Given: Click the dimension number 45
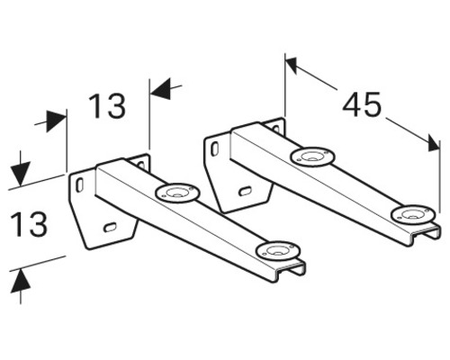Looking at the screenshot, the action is click(362, 104).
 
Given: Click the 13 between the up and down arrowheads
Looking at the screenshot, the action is click(29, 224).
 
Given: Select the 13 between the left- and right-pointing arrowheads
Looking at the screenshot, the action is click(107, 105).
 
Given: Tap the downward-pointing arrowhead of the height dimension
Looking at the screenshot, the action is click(21, 174).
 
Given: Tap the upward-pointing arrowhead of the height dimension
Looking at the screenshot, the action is click(21, 281).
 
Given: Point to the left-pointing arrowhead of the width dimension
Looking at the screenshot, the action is click(161, 89).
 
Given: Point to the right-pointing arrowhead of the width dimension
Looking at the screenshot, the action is click(56, 121).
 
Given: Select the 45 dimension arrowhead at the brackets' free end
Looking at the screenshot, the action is click(434, 143).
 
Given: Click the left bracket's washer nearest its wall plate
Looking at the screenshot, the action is click(177, 193).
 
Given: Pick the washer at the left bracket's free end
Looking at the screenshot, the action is click(278, 251).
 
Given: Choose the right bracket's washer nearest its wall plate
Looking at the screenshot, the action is click(312, 157).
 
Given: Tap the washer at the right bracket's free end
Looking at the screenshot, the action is click(413, 215).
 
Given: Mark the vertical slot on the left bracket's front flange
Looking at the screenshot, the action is click(79, 185).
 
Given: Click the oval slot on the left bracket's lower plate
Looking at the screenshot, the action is click(110, 227).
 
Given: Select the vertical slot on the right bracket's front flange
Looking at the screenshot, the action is click(214, 149).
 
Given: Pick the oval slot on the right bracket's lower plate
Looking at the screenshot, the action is click(245, 191).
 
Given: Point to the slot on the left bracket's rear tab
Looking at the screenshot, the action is click(141, 165).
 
